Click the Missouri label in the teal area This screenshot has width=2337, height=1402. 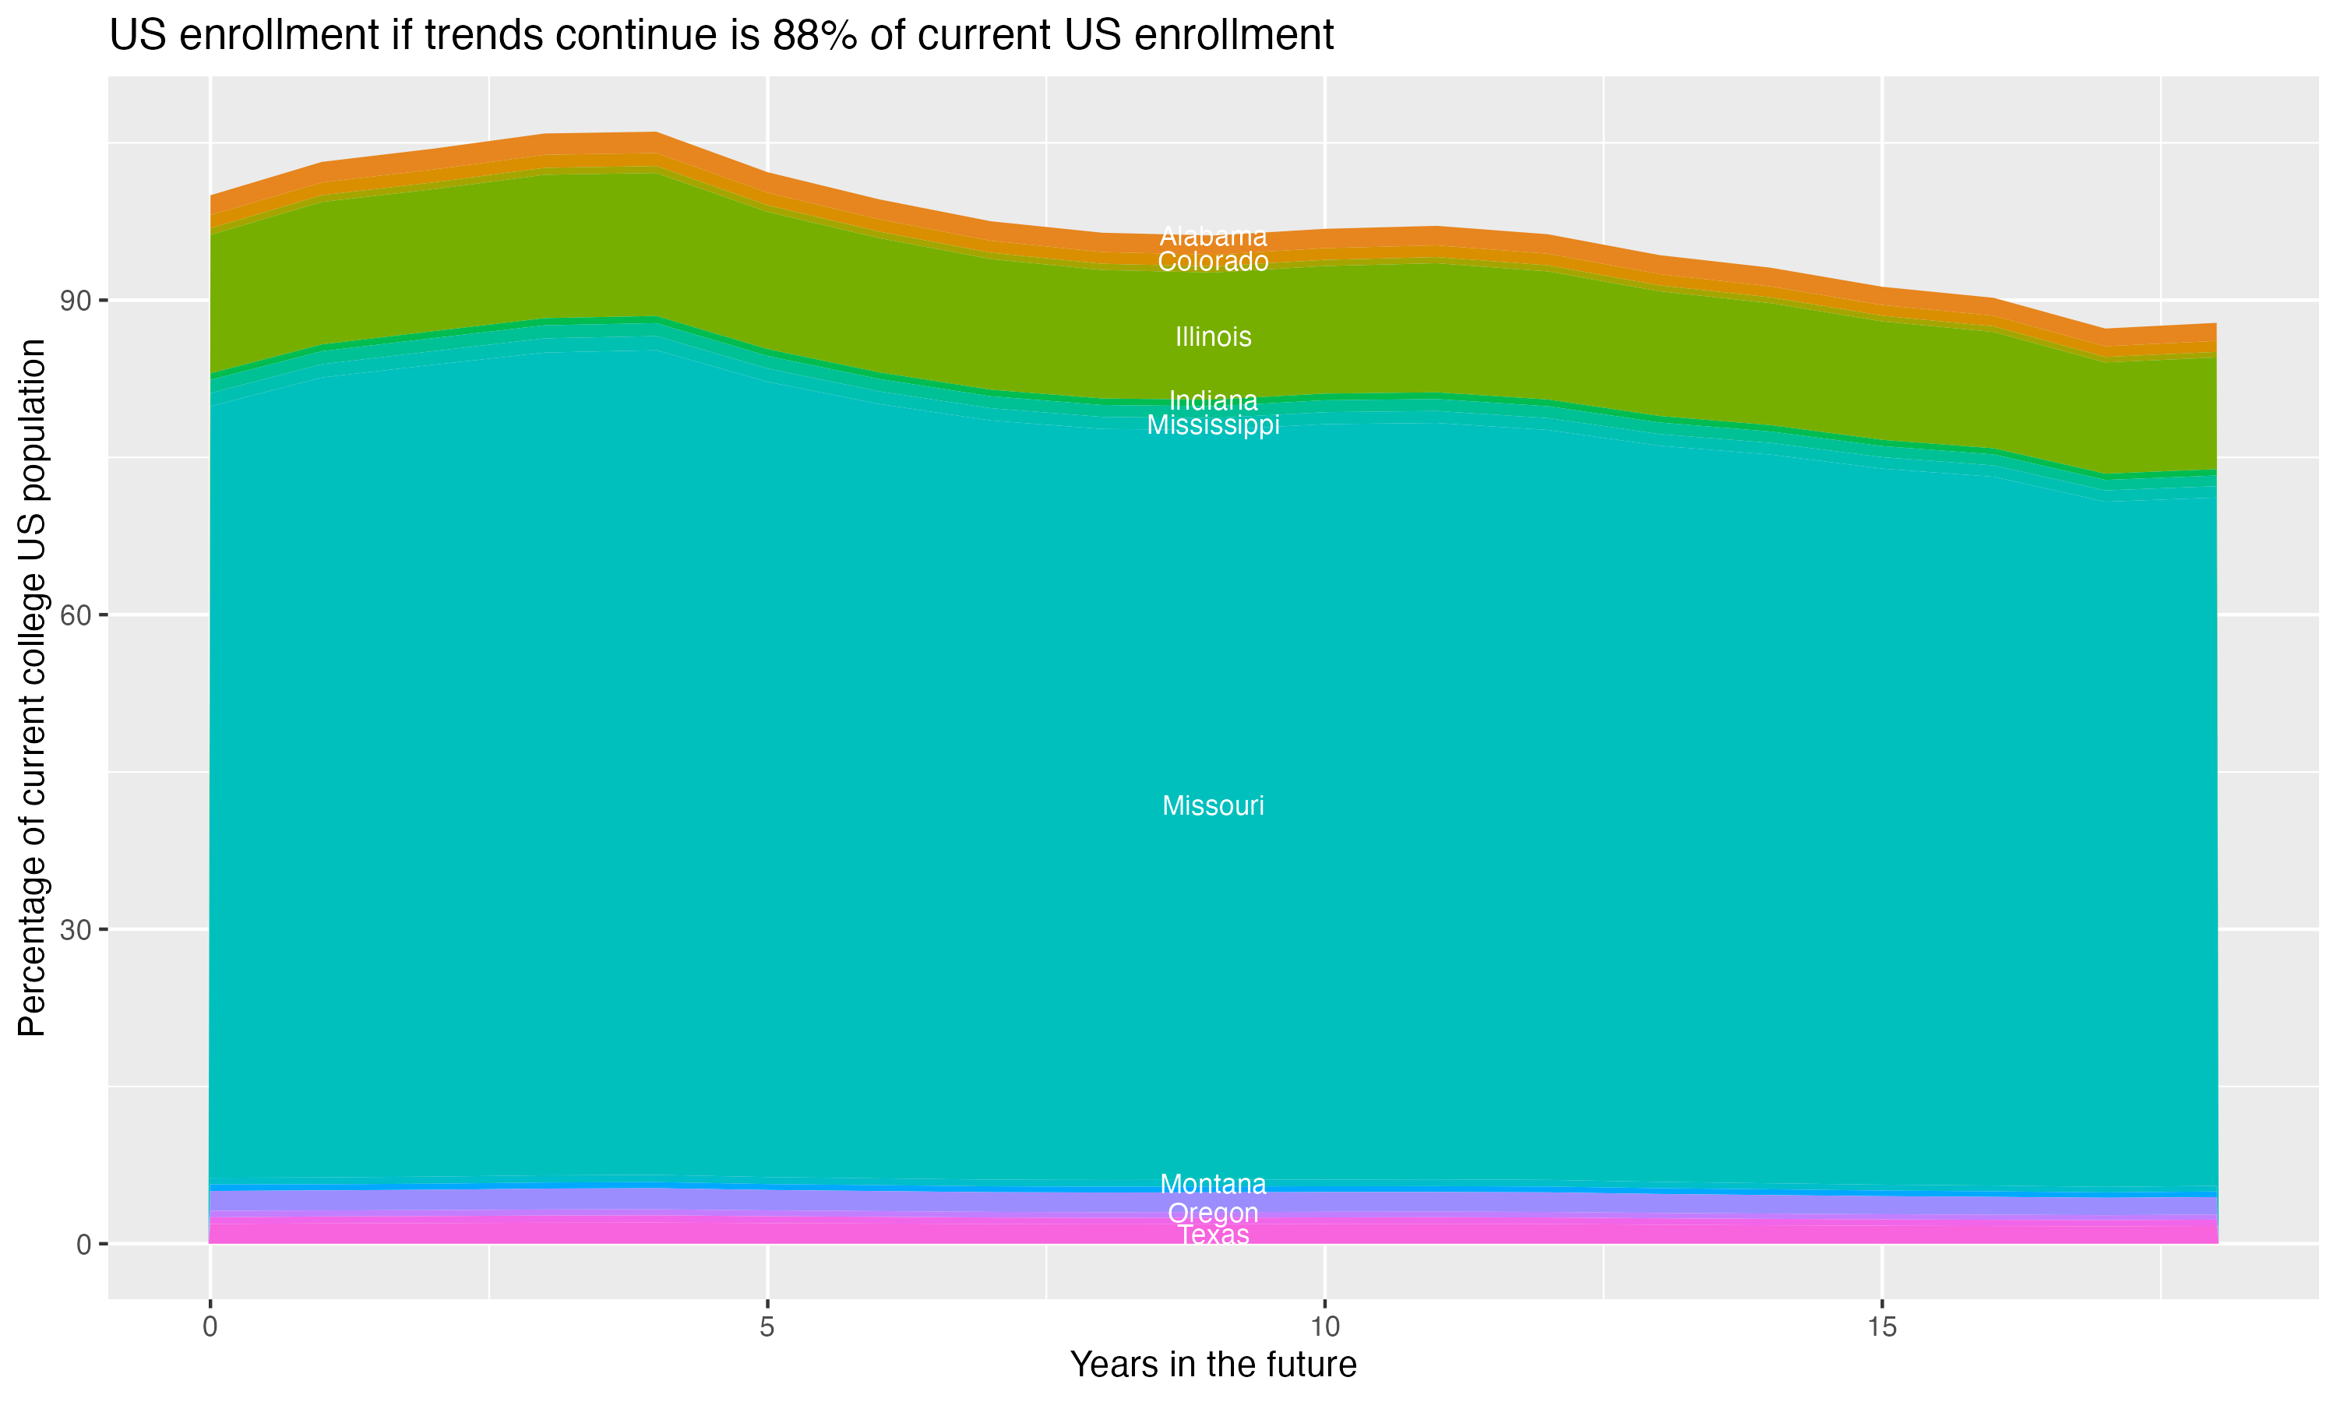coord(1213,806)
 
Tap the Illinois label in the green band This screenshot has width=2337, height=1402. coord(1213,337)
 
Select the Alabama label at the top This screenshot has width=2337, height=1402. coord(1213,236)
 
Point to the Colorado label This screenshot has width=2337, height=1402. coord(1213,262)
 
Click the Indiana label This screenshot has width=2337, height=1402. coord(1213,400)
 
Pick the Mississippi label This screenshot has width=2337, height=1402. coord(1213,425)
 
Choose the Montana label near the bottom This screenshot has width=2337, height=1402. coord(1213,1184)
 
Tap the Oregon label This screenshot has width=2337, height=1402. coord(1213,1213)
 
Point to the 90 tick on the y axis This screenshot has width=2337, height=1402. coord(76,301)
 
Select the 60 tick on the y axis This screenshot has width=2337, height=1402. coord(76,616)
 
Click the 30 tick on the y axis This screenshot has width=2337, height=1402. coord(76,931)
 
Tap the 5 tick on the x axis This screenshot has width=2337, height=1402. coord(767,1327)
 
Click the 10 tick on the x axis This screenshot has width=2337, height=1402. coord(1324,1327)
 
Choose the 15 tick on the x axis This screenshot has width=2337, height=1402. coord(1882,1327)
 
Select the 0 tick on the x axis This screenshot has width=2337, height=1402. coord(210,1327)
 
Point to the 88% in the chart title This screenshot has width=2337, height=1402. coord(815,36)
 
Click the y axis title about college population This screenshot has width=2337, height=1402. coord(32,688)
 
